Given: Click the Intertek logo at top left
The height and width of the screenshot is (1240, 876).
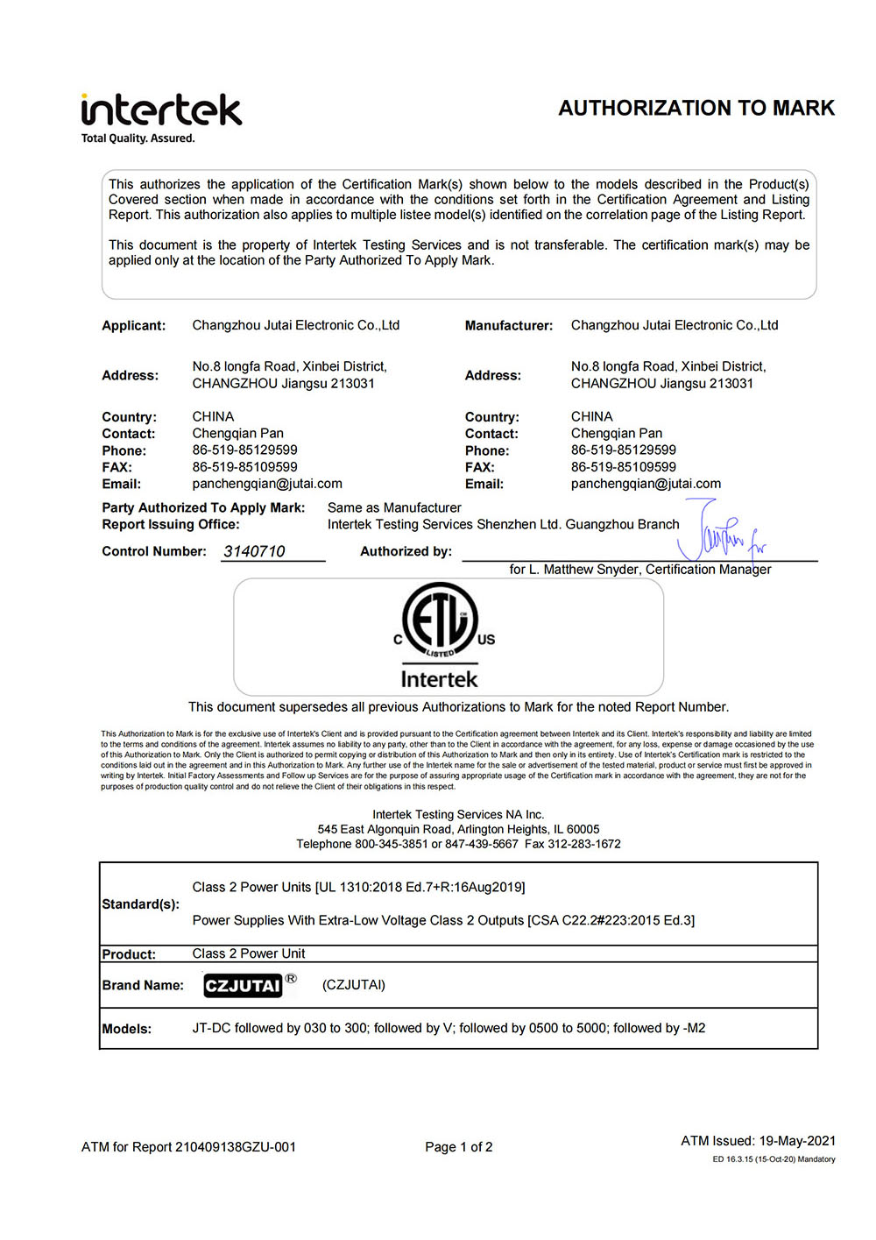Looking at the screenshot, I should tap(161, 110).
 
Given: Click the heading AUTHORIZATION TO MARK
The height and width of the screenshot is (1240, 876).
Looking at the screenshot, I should tap(696, 108).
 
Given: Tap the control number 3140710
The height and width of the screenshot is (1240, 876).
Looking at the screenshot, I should tap(254, 551).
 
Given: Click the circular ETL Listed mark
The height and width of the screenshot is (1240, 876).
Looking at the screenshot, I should tap(440, 620).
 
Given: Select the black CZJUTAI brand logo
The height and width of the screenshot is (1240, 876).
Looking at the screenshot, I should tap(243, 986).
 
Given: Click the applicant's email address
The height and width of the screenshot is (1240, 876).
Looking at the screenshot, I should tap(267, 484).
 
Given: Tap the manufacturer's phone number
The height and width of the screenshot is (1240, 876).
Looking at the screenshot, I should tap(623, 450).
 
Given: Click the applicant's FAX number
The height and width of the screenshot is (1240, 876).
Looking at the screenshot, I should tap(244, 467).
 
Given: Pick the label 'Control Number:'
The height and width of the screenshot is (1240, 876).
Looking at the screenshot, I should tap(154, 551).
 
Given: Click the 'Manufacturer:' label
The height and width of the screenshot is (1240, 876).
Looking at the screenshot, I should tap(509, 326).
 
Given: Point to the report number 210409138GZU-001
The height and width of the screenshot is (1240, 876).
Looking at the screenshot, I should tap(236, 1147).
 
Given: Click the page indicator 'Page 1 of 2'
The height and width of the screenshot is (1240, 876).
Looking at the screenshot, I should tap(459, 1147).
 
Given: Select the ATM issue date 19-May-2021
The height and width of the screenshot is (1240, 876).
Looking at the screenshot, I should tap(797, 1141).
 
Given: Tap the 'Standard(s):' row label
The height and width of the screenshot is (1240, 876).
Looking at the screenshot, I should tap(141, 904).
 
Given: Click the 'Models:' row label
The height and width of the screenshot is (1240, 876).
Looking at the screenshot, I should tap(127, 1029).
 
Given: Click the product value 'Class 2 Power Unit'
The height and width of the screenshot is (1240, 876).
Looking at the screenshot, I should tap(249, 953).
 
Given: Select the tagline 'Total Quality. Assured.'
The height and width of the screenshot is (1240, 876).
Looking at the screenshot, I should tap(138, 138).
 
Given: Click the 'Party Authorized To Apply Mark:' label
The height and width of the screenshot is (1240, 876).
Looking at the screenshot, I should tap(203, 508).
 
